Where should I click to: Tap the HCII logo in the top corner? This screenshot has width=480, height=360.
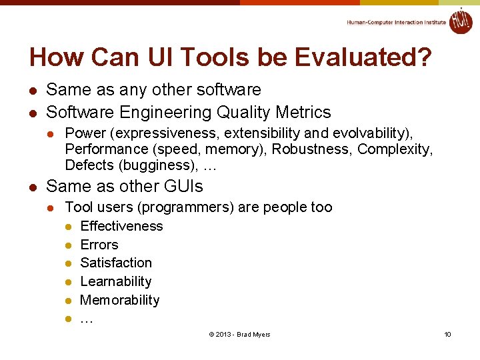[x=461, y=21]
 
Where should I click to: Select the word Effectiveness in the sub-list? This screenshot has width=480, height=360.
[x=121, y=226]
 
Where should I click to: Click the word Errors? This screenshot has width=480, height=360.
[x=99, y=245]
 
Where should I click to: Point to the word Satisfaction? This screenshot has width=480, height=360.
[x=116, y=263]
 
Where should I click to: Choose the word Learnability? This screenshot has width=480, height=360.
[x=116, y=281]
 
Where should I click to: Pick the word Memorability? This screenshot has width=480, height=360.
[x=120, y=300]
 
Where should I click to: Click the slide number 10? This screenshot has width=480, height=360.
[x=447, y=334]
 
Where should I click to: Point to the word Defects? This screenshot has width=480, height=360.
[x=89, y=165]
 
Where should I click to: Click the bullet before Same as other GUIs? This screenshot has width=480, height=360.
[x=31, y=187]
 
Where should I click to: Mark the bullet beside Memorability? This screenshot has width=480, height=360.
[x=68, y=301]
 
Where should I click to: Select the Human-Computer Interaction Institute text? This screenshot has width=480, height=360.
[x=396, y=22]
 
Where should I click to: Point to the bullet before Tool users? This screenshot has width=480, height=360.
[x=50, y=208]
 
